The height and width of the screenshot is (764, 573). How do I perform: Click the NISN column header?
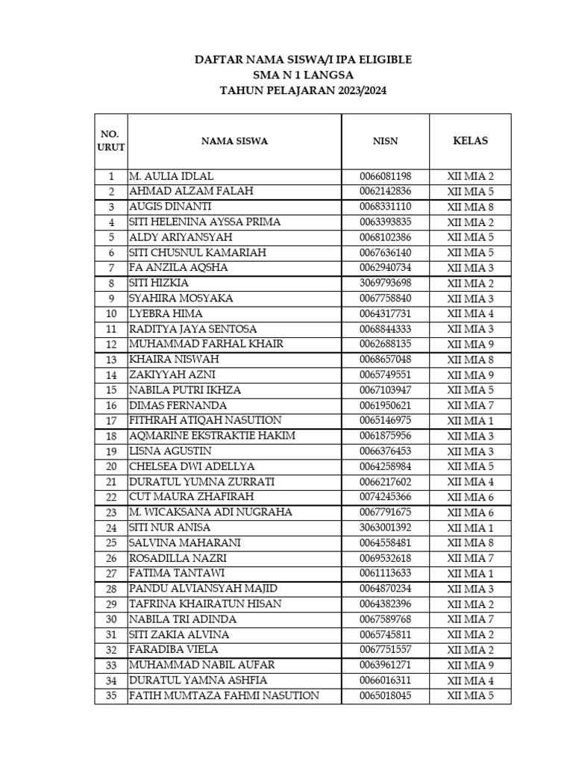[x=385, y=140]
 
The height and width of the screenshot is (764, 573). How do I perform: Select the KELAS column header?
[x=470, y=140]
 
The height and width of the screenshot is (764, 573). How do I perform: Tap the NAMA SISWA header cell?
[x=234, y=140]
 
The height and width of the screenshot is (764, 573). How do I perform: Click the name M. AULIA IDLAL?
[x=171, y=176]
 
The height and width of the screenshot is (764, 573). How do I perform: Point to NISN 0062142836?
[x=385, y=191]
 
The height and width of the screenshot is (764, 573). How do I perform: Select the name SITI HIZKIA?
[x=159, y=283]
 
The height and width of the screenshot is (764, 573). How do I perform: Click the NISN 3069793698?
[x=385, y=283]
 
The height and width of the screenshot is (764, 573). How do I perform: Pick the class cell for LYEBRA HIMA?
[x=470, y=313]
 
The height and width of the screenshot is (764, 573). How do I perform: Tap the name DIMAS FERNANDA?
[x=178, y=405]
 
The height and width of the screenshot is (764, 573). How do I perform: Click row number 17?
[x=111, y=421]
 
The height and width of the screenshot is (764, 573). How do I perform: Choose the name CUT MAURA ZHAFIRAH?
[x=192, y=497]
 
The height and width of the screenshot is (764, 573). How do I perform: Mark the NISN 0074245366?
[x=385, y=497]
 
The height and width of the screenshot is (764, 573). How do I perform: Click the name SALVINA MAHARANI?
[x=185, y=542]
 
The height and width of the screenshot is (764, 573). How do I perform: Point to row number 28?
[x=111, y=589]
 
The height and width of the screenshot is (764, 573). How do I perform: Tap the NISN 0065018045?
[x=385, y=696]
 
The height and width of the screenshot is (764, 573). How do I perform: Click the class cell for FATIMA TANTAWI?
[x=470, y=573]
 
